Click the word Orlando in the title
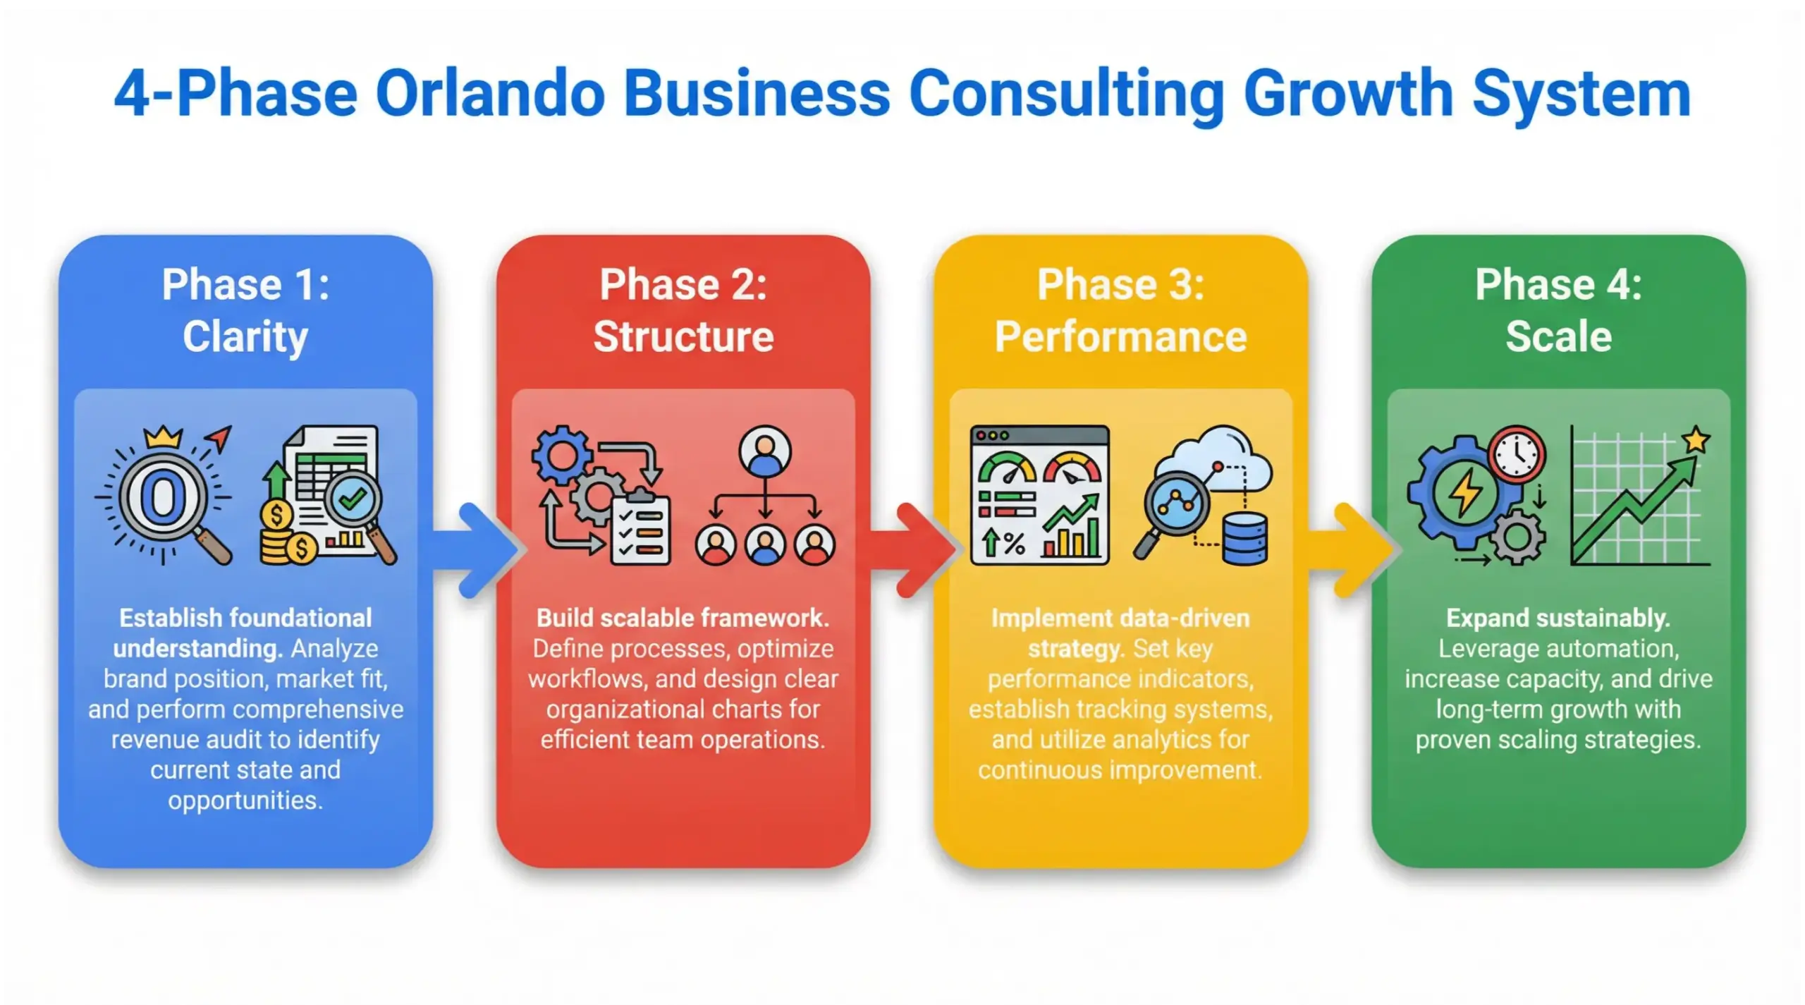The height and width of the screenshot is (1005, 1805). (x=489, y=95)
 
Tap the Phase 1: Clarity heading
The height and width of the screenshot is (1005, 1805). (x=245, y=310)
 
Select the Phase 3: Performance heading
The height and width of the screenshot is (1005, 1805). (x=1120, y=310)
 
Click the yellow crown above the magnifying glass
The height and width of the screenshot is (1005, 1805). (x=163, y=437)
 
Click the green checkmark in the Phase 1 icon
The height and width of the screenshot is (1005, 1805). (x=352, y=499)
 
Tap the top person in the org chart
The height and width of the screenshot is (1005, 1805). (x=765, y=451)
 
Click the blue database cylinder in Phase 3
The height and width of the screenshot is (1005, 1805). (x=1244, y=539)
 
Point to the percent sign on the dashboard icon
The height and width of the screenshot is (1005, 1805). (x=1014, y=543)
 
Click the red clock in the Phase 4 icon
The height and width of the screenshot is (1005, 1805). (x=1517, y=454)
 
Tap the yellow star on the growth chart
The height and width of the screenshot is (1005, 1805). (x=1696, y=440)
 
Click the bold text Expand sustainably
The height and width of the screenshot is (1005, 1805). (x=1558, y=619)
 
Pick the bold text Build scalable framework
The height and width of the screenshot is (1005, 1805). (x=683, y=619)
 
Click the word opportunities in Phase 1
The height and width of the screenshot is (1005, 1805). (x=245, y=800)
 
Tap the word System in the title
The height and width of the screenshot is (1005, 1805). (x=1581, y=95)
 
